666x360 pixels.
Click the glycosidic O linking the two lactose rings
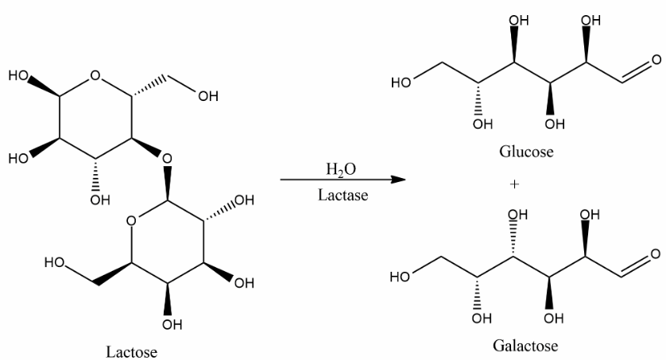(166, 158)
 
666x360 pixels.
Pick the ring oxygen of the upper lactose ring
(95, 77)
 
